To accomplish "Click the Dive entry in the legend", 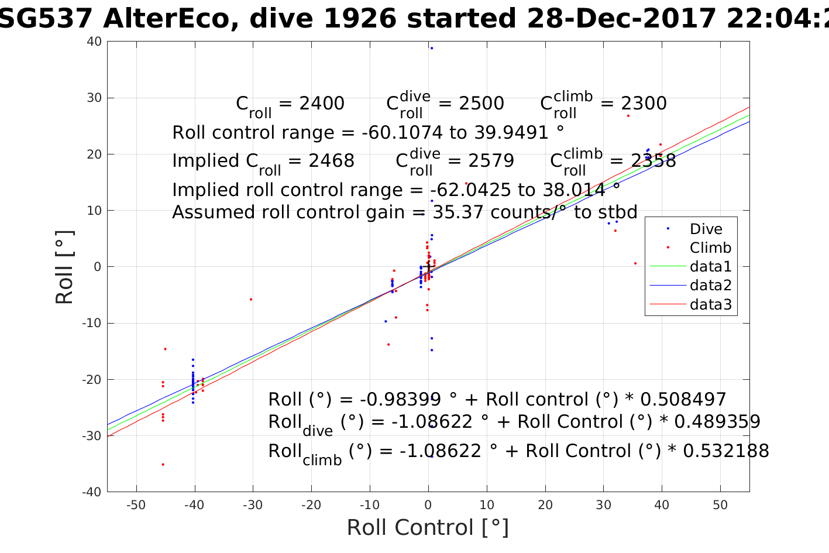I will click(706, 229).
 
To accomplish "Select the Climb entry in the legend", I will click(710, 248).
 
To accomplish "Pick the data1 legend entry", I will click(710, 266).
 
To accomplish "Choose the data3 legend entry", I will click(710, 304).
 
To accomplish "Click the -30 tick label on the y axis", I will click(92, 436).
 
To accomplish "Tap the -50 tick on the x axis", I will click(136, 505).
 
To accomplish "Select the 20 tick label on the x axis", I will click(545, 505).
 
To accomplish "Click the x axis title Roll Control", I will click(428, 528).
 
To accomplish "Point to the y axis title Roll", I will click(65, 267).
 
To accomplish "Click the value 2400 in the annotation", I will click(322, 104).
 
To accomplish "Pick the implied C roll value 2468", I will click(332, 161).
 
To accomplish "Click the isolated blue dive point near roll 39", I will click(432, 48).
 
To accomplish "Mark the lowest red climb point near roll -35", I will click(163, 465).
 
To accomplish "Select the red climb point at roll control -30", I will click(251, 300).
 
